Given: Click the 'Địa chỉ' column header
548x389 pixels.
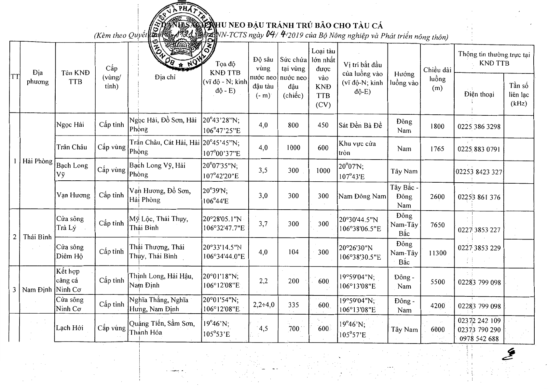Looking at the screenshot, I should point(165,77).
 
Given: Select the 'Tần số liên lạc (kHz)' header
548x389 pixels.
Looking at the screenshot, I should point(519,95).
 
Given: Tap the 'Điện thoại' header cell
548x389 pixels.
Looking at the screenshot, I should point(479,94).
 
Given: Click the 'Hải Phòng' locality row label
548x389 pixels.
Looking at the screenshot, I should point(37,161).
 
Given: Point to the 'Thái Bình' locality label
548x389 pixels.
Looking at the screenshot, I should point(37,237).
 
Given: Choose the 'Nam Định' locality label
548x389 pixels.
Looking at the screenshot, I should point(37,290).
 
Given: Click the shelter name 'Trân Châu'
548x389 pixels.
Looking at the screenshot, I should point(72,147).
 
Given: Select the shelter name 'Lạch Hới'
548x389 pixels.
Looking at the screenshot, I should point(70,328).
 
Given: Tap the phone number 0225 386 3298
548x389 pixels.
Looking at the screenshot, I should point(479,127).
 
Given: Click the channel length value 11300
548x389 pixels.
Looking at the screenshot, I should point(438,253).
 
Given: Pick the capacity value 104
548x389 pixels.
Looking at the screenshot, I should point(293,252).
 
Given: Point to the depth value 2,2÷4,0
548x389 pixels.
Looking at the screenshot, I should point(264,305).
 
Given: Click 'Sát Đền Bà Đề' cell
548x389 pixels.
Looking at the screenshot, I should point(360,125).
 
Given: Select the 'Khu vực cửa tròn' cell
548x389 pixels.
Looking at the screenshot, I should point(357,148).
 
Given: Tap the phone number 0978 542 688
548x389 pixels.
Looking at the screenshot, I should point(479,339).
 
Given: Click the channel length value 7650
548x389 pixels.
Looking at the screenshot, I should point(438,225).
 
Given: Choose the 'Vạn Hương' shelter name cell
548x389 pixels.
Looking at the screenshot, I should point(73,195).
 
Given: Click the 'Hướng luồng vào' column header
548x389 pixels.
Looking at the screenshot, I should point(404,79).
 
